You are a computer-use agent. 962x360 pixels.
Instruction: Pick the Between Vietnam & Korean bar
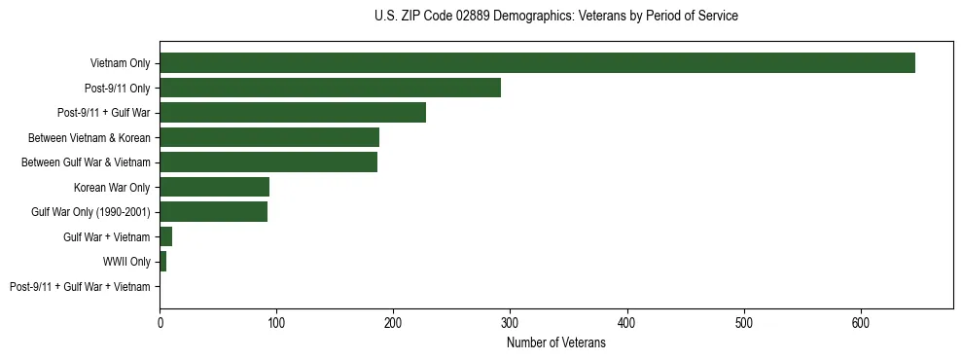coord(269,137)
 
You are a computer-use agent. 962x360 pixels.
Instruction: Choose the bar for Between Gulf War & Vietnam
coord(268,162)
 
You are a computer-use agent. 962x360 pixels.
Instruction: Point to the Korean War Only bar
coord(214,187)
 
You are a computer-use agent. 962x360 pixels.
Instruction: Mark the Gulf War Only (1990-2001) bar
coord(213,211)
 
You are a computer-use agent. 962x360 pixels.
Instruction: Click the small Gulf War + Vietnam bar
coord(166,236)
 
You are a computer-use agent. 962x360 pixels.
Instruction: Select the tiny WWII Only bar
coord(163,261)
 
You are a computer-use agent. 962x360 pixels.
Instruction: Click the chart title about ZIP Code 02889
coord(555,17)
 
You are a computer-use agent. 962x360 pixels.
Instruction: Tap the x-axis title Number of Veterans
coord(555,342)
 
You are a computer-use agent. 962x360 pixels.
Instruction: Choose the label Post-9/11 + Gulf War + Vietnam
coord(80,286)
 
